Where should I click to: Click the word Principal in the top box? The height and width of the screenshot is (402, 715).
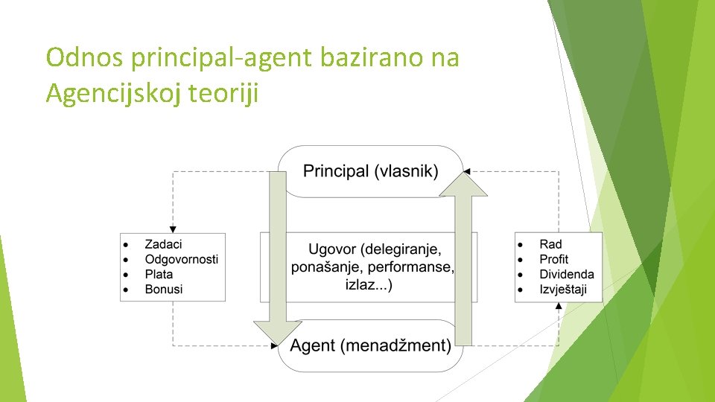(336, 171)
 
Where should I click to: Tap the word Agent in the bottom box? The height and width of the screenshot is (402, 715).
(314, 345)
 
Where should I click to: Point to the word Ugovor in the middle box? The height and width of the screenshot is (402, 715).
(334, 249)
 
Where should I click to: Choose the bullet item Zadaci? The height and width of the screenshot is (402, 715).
(163, 244)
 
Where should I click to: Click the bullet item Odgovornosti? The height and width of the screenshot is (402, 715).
(181, 259)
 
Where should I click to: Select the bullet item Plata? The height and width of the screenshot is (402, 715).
(159, 274)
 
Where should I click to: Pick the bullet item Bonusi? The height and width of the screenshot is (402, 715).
(164, 289)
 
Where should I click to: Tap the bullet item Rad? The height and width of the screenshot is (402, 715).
(550, 244)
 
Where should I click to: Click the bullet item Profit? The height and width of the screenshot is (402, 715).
(553, 259)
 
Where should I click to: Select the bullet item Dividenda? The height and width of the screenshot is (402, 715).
(567, 274)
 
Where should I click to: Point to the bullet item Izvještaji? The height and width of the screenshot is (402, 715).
(562, 289)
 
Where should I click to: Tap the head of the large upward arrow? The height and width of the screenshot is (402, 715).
(463, 183)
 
